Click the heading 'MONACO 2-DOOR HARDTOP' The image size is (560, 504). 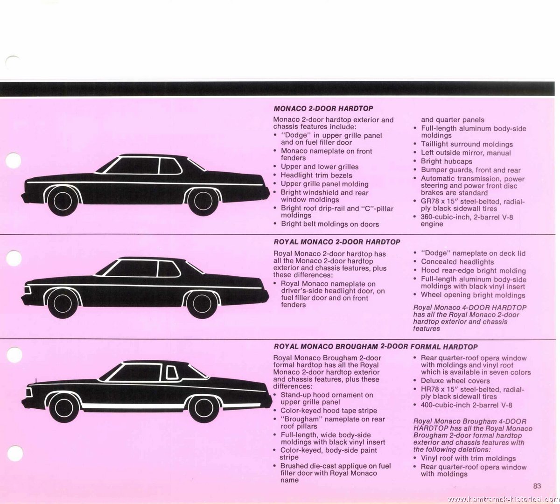(x=323, y=108)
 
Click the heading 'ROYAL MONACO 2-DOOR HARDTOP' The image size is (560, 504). (x=336, y=242)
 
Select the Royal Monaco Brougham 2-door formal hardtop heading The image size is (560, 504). (x=376, y=347)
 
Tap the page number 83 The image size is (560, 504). (x=537, y=486)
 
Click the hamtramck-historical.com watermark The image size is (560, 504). (x=503, y=499)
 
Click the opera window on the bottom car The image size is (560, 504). (x=172, y=373)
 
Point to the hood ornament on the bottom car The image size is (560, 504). (x=36, y=381)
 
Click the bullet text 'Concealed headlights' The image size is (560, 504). (x=457, y=262)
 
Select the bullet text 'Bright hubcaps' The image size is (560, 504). (x=447, y=161)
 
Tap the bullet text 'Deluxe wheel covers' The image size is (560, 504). (x=455, y=381)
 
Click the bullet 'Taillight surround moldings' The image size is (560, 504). (x=467, y=144)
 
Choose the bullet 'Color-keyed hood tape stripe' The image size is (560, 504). (x=329, y=411)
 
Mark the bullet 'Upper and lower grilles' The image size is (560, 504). (x=320, y=167)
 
